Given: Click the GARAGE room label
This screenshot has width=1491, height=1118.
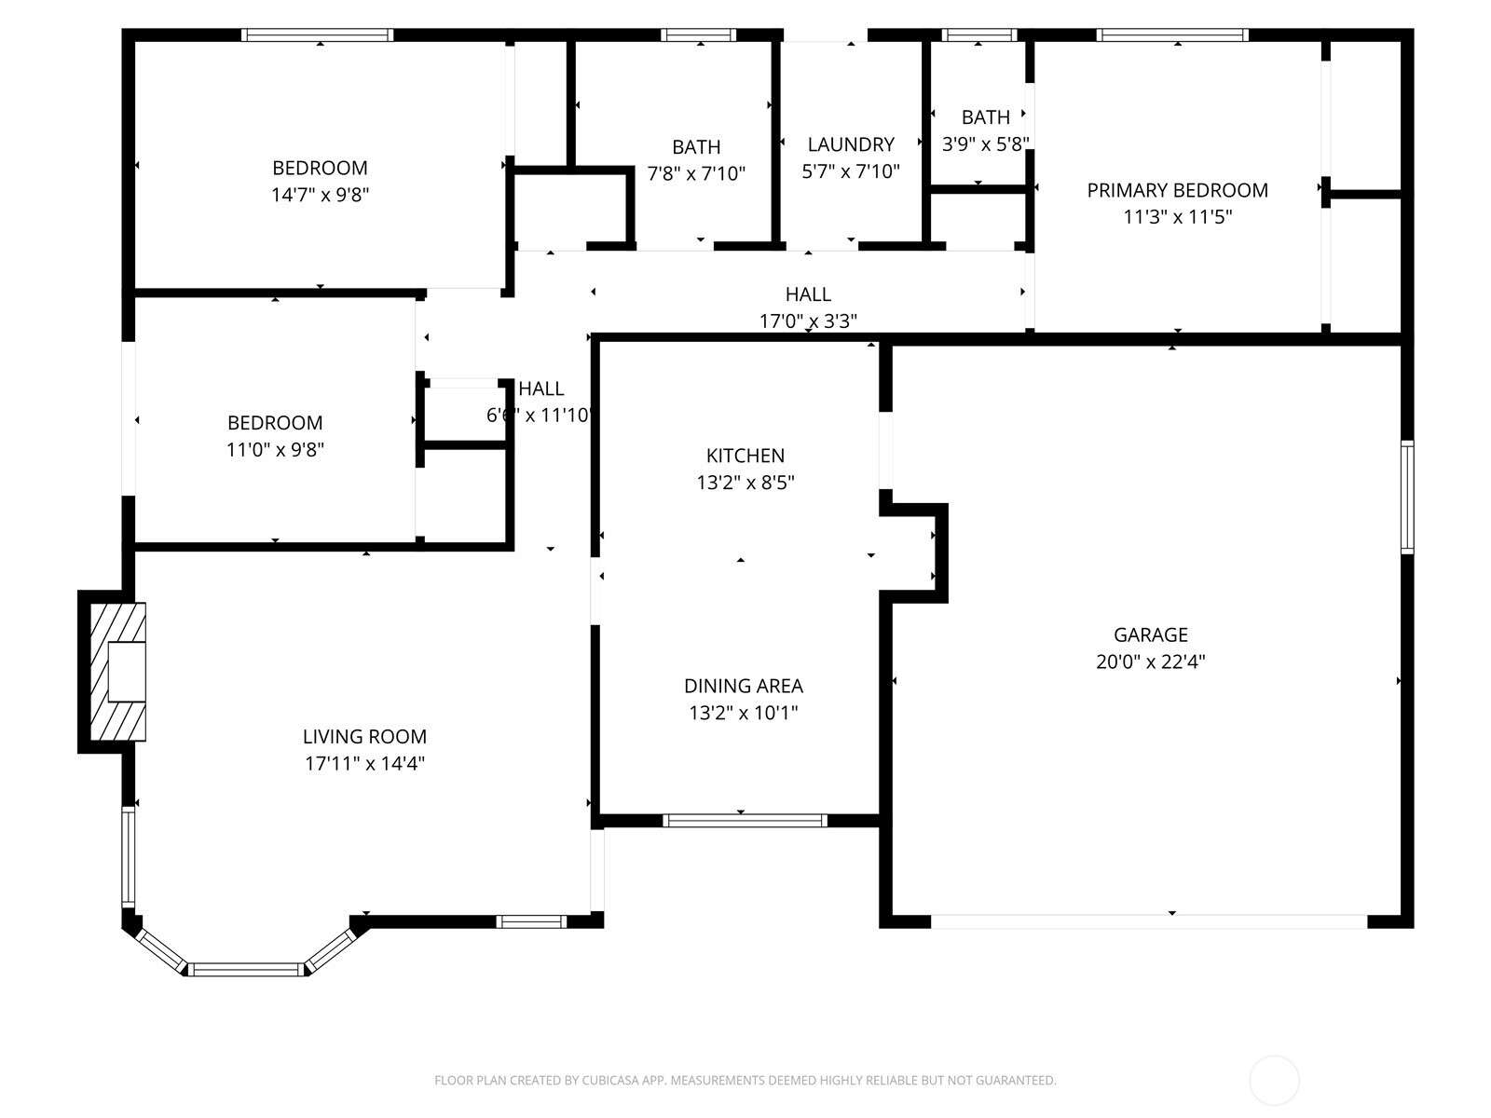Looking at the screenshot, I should click(1150, 634).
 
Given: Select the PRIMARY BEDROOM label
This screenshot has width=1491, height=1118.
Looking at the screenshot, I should click(1177, 190).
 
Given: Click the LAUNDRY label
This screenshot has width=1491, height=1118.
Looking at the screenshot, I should click(850, 144).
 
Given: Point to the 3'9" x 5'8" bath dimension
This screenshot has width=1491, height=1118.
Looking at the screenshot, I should click(985, 144).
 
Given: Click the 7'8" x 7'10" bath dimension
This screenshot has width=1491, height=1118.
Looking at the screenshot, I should click(696, 173).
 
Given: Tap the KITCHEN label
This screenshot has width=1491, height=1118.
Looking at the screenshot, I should click(745, 456).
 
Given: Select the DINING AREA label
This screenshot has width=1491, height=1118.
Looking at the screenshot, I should click(743, 686).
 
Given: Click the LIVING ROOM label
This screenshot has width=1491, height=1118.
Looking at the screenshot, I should click(364, 736).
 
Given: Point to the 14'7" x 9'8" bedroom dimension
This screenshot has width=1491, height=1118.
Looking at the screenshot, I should click(320, 195).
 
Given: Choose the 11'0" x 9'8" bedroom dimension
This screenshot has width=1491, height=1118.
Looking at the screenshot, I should click(275, 449).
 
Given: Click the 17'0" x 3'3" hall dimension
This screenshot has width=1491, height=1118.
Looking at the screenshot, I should click(808, 321).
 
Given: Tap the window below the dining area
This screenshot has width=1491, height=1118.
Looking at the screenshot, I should click(745, 821).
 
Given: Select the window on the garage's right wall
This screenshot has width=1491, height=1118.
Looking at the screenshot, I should click(1407, 498).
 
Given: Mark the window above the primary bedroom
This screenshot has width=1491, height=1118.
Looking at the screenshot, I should click(1171, 35).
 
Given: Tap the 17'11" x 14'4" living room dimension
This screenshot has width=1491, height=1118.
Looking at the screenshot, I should click(364, 763).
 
